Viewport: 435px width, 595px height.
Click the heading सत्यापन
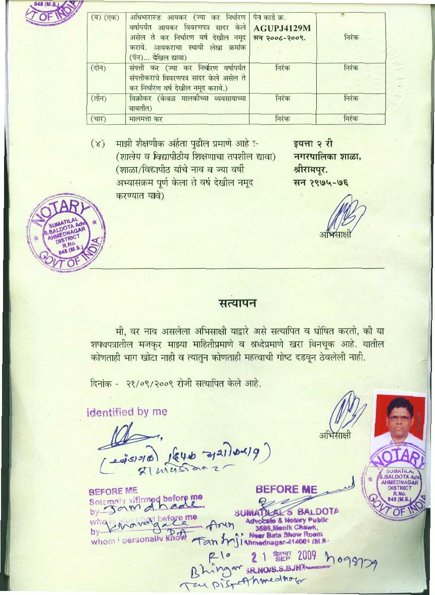click(x=237, y=303)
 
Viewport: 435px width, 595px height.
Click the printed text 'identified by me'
click(x=127, y=412)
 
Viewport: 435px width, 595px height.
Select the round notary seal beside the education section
click(x=67, y=233)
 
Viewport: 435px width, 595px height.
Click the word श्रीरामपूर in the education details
click(x=310, y=169)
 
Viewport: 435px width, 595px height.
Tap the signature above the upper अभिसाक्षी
click(x=341, y=212)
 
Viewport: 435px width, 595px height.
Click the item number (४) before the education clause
click(x=98, y=144)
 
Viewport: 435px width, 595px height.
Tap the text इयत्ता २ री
click(x=313, y=144)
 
